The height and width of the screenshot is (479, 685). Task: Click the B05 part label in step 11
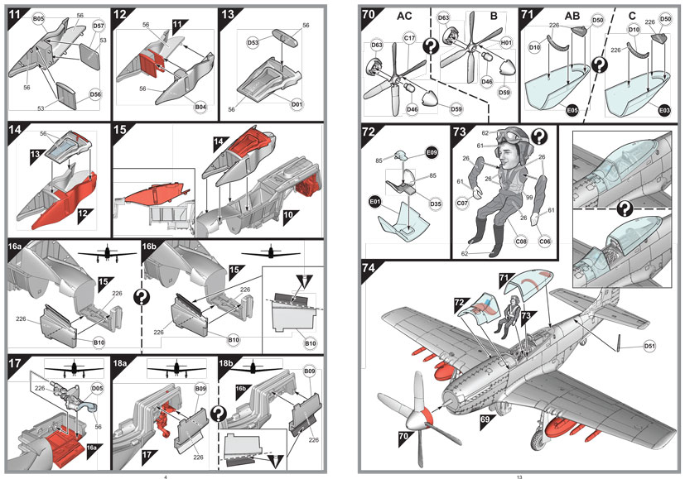[x=39, y=17]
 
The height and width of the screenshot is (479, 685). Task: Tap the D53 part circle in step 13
[x=253, y=41]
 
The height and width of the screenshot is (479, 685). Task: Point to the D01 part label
[x=297, y=104]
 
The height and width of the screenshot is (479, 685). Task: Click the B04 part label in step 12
[x=200, y=108]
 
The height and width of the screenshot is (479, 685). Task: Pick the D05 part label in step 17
[x=97, y=386]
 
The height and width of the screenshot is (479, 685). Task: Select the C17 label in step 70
[x=409, y=38]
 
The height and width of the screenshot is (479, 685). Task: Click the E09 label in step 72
[x=431, y=153]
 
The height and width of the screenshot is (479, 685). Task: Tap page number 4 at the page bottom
[x=166, y=476]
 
